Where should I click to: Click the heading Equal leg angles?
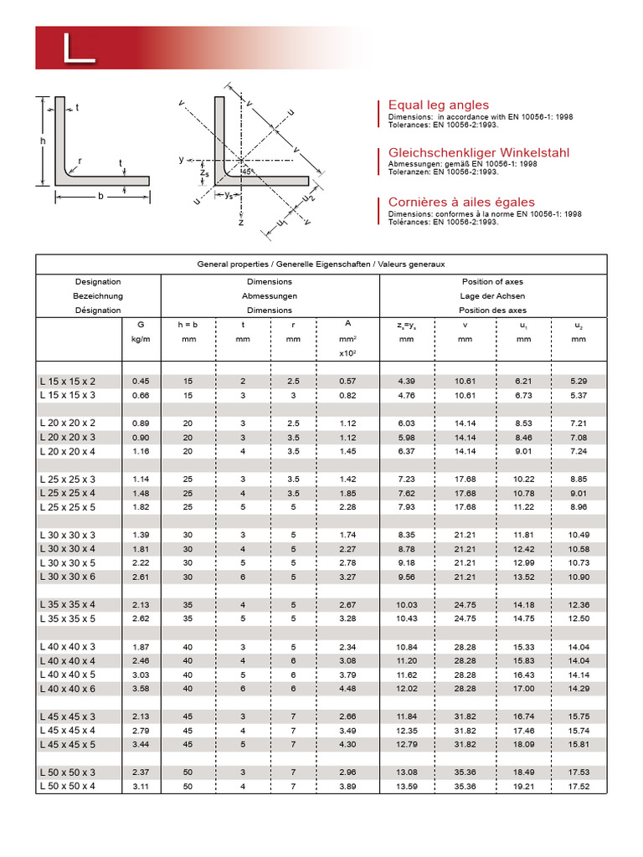click(438, 105)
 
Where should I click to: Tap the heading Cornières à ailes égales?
click(460, 203)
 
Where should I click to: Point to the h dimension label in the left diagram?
click(42, 141)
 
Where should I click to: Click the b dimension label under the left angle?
click(100, 196)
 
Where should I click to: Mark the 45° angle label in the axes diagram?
click(246, 171)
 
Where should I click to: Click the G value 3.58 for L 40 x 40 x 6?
click(140, 688)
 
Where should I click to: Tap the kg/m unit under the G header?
click(140, 340)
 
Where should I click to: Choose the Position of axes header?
click(492, 282)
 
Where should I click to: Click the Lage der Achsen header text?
click(492, 295)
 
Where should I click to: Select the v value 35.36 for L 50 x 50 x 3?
click(465, 772)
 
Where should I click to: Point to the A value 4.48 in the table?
click(347, 688)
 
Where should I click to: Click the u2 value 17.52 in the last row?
click(578, 786)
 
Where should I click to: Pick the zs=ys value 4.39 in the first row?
click(407, 381)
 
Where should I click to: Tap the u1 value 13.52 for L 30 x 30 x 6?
click(522, 577)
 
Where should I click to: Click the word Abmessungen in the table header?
click(270, 295)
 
